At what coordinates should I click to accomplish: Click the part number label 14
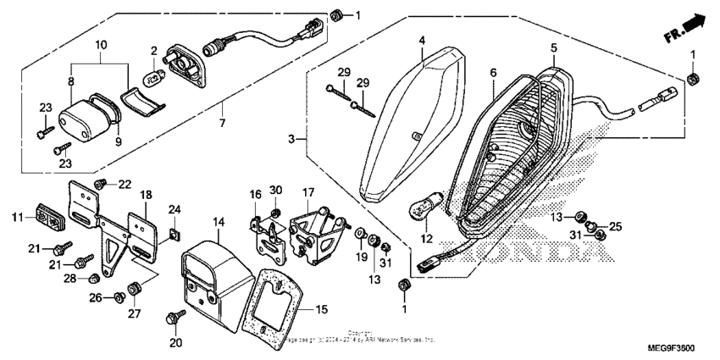tap(219, 221)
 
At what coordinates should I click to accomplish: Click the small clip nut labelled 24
tap(174, 231)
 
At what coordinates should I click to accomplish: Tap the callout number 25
tap(615, 226)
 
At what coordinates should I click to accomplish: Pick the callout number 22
tap(125, 184)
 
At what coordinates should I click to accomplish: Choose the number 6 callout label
tap(492, 75)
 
